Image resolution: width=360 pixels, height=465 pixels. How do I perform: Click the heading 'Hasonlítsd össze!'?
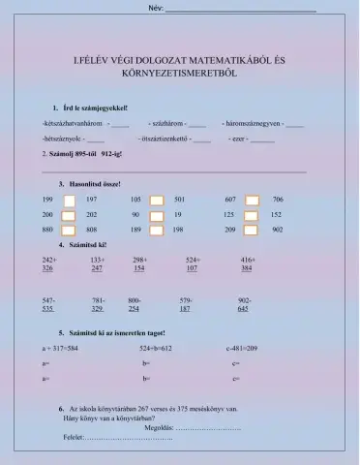coord(93,182)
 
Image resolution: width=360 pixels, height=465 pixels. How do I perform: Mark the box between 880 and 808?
coord(69,230)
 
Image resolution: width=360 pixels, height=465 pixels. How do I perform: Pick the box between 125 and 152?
coord(252,214)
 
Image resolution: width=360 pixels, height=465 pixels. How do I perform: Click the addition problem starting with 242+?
coord(49,263)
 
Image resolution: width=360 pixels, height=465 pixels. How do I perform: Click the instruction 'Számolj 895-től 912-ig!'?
coord(81,154)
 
